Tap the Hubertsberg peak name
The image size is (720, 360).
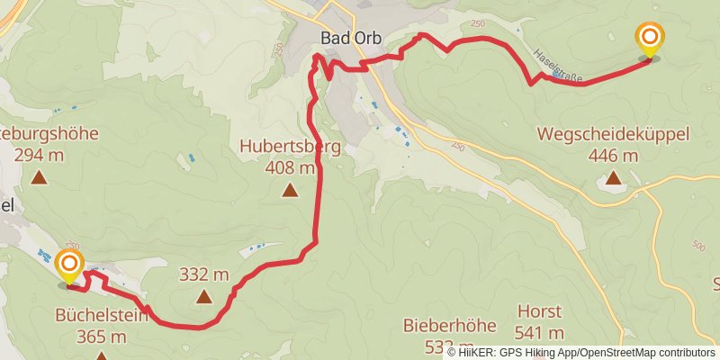(290, 147)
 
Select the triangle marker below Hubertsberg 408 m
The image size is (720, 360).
(290, 189)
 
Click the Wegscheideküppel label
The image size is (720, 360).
(613, 134)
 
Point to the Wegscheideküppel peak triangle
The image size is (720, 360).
(613, 176)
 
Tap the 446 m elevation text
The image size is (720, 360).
(613, 155)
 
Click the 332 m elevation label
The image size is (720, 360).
(204, 274)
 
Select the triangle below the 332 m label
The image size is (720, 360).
(204, 296)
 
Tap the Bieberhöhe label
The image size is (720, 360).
(439, 325)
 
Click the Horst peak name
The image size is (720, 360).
(540, 311)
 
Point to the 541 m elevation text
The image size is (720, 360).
(540, 333)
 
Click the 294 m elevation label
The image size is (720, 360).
(39, 155)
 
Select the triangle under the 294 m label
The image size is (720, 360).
(39, 176)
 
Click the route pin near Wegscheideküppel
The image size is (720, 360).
(649, 40)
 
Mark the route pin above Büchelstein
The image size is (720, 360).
(69, 266)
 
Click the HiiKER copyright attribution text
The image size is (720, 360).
(580, 352)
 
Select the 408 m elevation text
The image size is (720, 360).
(291, 167)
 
